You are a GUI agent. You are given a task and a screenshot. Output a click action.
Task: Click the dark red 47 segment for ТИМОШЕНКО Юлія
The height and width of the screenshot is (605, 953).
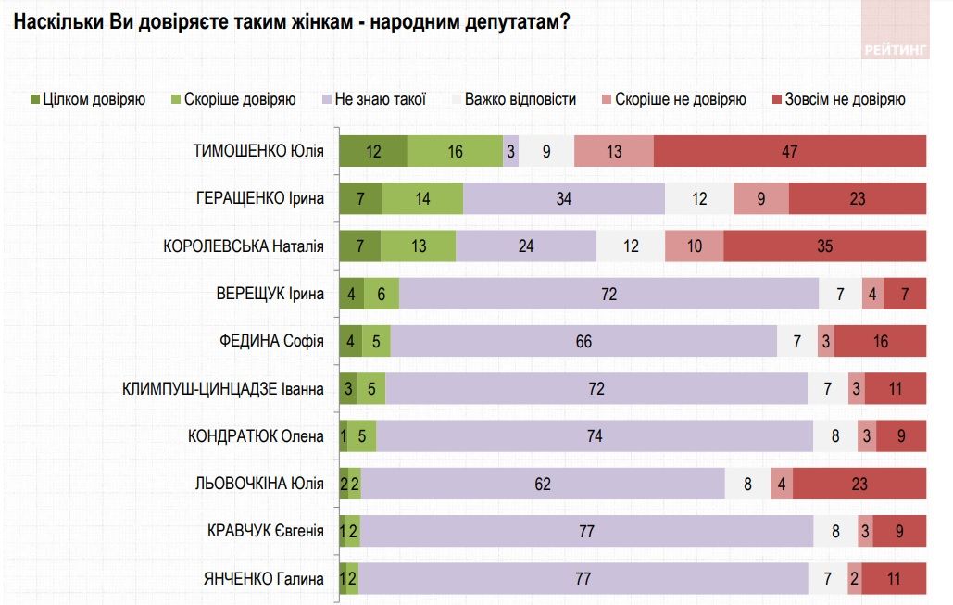pos(789,151)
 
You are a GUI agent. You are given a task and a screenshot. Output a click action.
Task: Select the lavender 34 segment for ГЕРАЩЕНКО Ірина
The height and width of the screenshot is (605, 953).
pos(564,198)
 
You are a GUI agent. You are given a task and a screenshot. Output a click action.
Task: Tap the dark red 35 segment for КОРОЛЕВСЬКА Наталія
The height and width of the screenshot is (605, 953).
pos(824,246)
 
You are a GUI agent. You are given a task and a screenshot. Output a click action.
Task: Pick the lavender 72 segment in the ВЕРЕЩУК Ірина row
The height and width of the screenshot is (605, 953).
pos(608,295)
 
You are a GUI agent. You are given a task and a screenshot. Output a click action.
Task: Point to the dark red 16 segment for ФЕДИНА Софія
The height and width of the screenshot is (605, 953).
pos(880,342)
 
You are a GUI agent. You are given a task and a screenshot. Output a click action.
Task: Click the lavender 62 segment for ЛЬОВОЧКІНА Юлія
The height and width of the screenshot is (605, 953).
pos(543,484)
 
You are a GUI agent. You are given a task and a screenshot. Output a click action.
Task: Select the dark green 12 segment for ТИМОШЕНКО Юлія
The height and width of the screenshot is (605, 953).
pos(373,151)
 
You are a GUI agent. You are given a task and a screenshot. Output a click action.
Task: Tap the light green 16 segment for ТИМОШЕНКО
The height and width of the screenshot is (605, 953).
pos(455,151)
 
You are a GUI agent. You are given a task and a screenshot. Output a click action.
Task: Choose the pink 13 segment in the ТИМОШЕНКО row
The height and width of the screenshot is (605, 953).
pos(614,151)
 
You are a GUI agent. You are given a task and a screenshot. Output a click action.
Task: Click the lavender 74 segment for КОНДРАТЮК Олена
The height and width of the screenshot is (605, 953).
pos(594,436)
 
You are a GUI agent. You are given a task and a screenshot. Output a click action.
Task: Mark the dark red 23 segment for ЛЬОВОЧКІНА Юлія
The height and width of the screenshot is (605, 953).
pos(859,484)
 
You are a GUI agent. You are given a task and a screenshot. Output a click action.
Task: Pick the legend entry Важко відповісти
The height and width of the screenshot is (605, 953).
pos(520,99)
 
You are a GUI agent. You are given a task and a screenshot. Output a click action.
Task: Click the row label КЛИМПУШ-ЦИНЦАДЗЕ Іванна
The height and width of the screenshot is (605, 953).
pos(223,389)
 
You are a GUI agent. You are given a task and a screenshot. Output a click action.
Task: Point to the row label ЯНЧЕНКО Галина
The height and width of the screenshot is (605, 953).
pos(264,579)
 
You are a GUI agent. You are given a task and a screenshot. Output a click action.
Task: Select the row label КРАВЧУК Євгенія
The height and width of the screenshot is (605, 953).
pos(266,531)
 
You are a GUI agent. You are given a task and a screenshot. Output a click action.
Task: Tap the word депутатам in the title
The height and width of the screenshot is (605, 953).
pos(510,20)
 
